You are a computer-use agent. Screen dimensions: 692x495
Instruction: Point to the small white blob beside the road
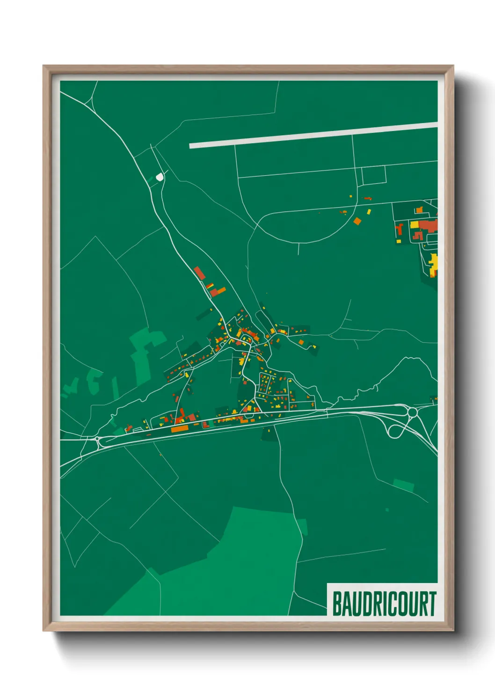[x=160, y=177]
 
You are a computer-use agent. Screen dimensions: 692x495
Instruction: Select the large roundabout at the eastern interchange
[x=412, y=412]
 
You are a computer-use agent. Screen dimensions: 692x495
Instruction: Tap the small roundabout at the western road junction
[x=97, y=439]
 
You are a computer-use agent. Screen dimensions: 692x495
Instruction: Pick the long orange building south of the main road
[x=179, y=428]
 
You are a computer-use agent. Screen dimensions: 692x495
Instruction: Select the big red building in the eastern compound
[x=428, y=225]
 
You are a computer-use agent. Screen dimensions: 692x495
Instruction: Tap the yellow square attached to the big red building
[x=414, y=225]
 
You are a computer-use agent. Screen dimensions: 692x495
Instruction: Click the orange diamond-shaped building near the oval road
[x=357, y=221]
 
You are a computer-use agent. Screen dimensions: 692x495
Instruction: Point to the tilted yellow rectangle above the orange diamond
[x=369, y=212]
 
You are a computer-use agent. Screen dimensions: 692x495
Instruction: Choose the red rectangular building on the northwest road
[x=199, y=273]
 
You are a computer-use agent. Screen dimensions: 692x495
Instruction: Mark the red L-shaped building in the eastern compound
[x=400, y=230]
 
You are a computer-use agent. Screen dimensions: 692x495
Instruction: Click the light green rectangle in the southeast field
[x=403, y=485]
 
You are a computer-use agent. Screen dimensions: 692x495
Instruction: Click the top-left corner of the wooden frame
[x=44, y=66]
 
